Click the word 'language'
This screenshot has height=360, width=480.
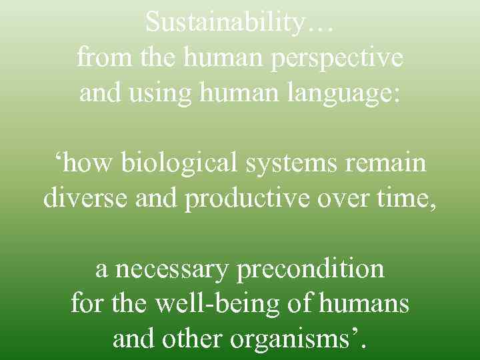pyautogui.click(x=337, y=93)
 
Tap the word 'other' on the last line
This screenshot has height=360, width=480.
pyautogui.click(x=194, y=339)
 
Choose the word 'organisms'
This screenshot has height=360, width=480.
pyautogui.click(x=291, y=340)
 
